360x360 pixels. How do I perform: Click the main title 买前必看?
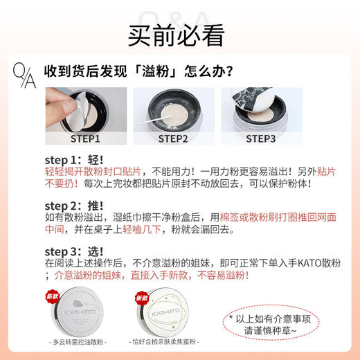(x=179, y=33)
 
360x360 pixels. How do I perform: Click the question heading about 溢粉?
(x=138, y=71)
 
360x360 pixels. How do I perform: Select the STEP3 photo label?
(x=261, y=138)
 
